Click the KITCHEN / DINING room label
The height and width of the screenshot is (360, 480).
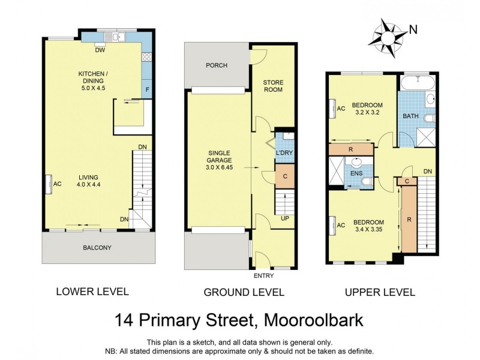[x=92, y=79]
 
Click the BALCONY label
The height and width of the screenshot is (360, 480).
[x=97, y=247]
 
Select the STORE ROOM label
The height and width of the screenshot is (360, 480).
[x=273, y=86]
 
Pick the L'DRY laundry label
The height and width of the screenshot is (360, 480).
[x=284, y=154]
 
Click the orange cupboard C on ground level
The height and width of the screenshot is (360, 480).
[x=285, y=176]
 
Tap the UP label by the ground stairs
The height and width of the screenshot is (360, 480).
[x=286, y=218]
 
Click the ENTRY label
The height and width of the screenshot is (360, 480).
[x=263, y=276]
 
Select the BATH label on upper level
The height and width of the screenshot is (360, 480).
[x=410, y=116]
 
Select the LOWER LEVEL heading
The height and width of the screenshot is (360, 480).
[x=92, y=292]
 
